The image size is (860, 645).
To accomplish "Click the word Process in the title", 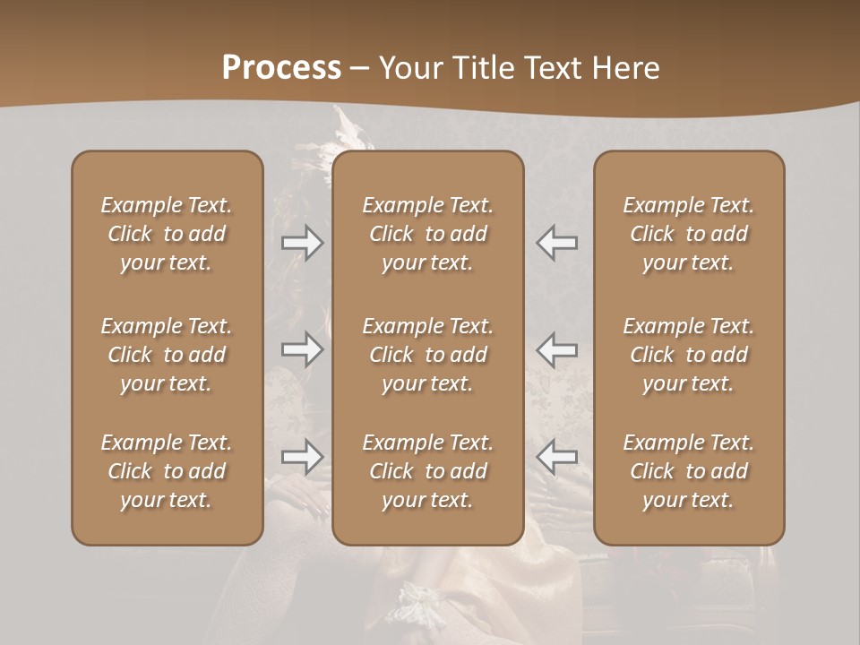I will (281, 68).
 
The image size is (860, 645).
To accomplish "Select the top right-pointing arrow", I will (303, 243).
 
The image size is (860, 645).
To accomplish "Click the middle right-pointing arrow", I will (303, 349).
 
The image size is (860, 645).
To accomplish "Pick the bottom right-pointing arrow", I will (303, 457).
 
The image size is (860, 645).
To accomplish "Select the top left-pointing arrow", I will (557, 243).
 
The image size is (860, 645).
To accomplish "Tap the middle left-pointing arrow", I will (557, 349).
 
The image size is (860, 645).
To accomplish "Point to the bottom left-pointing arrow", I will (557, 457).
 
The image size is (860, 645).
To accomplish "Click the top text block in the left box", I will (167, 234).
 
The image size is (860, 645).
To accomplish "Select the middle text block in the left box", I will (167, 355).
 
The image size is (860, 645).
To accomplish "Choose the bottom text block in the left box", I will (167, 471).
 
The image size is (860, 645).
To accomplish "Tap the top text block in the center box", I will (427, 234).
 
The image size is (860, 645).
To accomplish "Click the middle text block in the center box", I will (427, 355).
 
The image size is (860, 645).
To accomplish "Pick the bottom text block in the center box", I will (427, 471).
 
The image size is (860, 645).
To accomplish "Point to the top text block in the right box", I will (689, 234).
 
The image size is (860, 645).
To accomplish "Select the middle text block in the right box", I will (689, 355).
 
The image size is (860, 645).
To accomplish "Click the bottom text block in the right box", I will (689, 471).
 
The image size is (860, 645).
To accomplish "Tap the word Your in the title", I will (411, 68).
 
